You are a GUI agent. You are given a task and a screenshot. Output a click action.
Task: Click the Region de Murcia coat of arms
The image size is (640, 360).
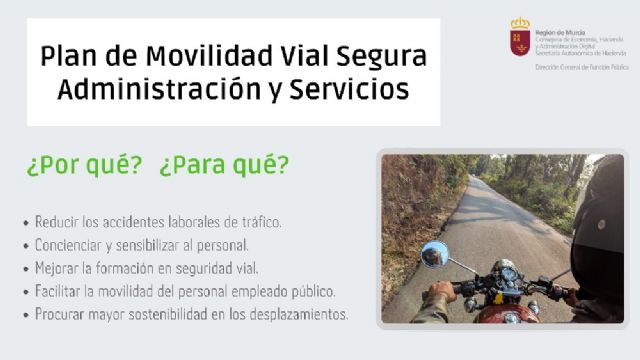pyautogui.click(x=519, y=36)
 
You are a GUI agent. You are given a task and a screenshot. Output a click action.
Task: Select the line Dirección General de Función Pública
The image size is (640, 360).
pyautogui.click(x=581, y=66)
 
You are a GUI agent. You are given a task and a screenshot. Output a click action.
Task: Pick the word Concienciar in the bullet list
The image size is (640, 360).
pyautogui.click(x=67, y=244)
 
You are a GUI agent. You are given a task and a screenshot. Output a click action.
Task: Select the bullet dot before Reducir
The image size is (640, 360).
pyautogui.click(x=25, y=222)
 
